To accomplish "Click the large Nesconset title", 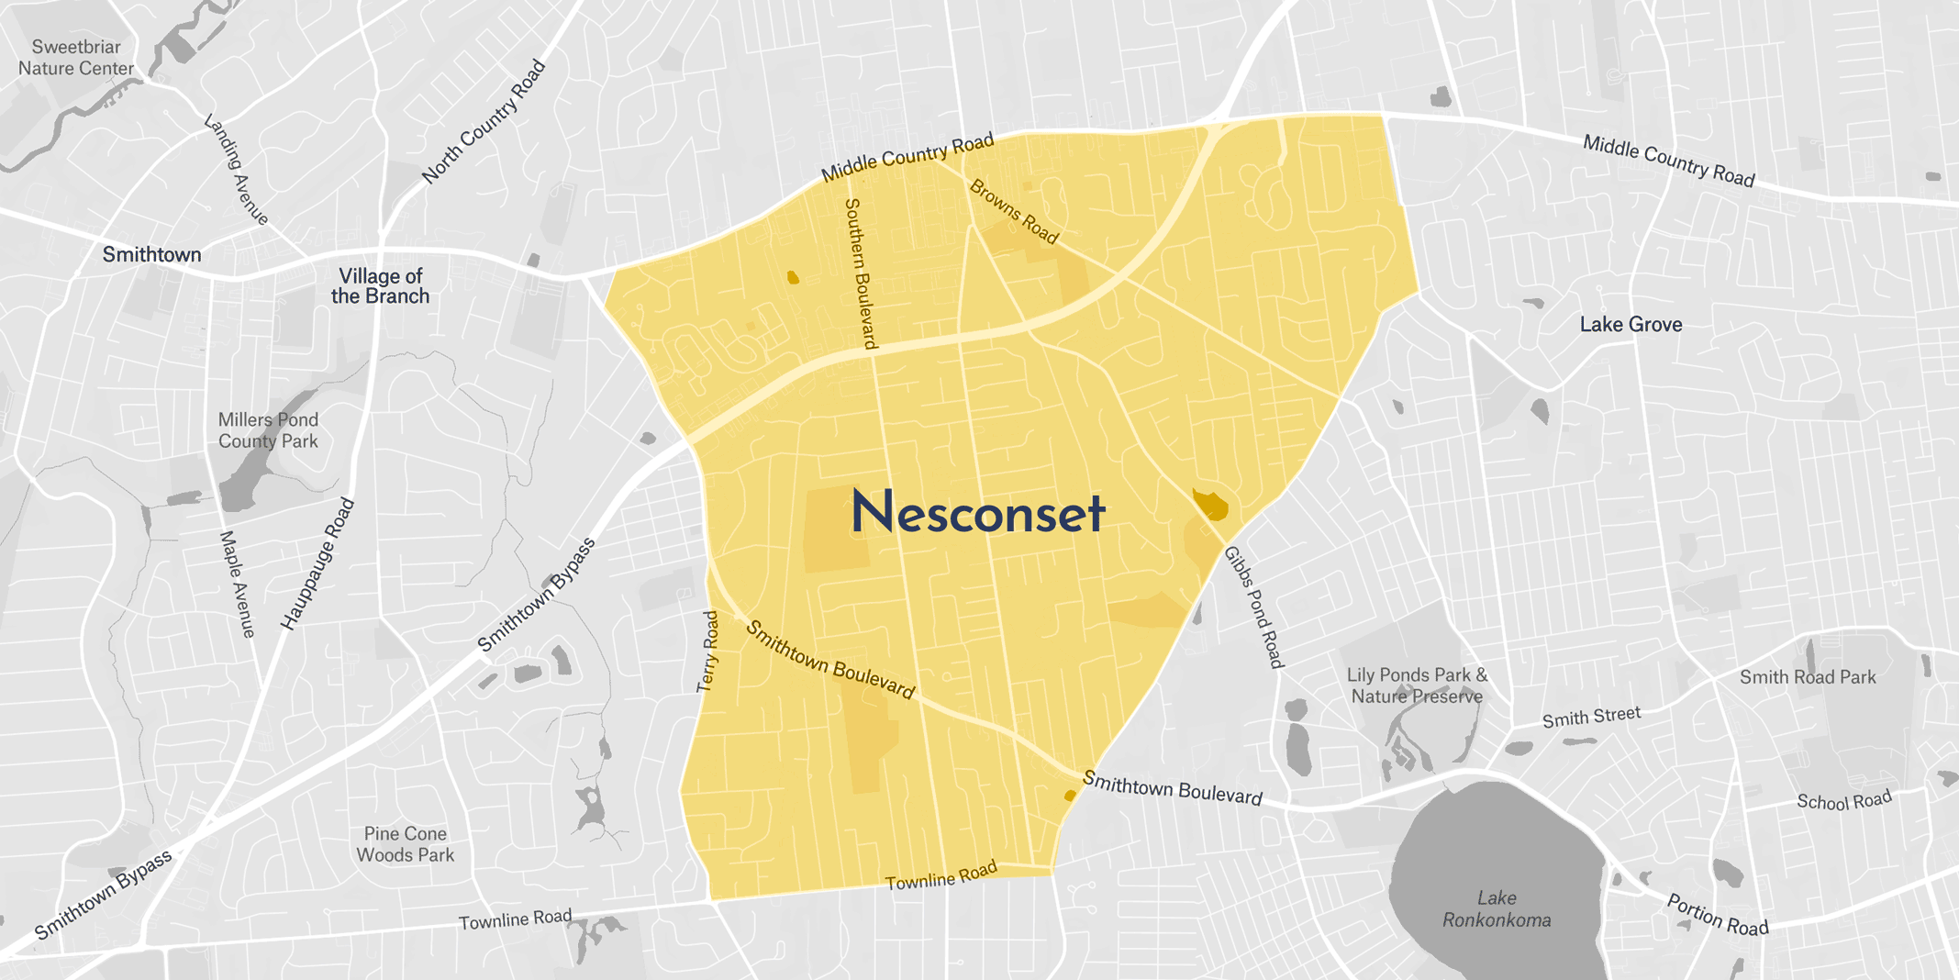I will (x=977, y=512).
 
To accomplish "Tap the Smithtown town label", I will (x=151, y=254).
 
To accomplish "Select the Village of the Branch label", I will (x=380, y=286).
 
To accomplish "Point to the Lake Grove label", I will (x=1631, y=324).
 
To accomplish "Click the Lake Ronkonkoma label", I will (x=1497, y=908).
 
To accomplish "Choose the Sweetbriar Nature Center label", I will (x=76, y=57).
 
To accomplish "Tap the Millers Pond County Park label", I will (x=268, y=430).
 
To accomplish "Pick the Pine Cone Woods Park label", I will (x=406, y=844).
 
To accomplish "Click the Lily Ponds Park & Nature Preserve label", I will (x=1417, y=685).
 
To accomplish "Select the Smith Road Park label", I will (x=1808, y=677).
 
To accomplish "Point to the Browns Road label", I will (x=1014, y=212).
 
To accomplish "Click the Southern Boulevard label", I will (x=861, y=273).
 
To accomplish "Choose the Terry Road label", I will (x=707, y=651).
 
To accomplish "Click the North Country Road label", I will (x=484, y=122).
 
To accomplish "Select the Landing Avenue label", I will (x=236, y=169).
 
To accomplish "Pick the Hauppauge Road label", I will (x=317, y=564).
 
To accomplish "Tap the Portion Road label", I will (x=1717, y=915).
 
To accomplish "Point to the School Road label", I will (x=1843, y=801).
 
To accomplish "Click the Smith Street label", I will (x=1591, y=717).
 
